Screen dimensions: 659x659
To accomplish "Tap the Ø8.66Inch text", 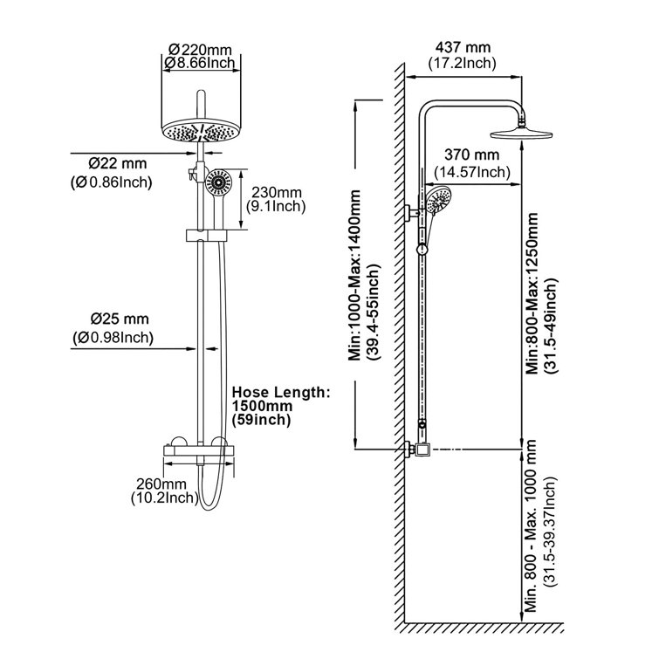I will point(203,63).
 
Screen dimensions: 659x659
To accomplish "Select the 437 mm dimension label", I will point(462,47).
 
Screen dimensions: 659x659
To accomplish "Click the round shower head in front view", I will point(203,131).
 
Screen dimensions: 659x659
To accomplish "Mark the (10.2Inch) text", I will point(163,499).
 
